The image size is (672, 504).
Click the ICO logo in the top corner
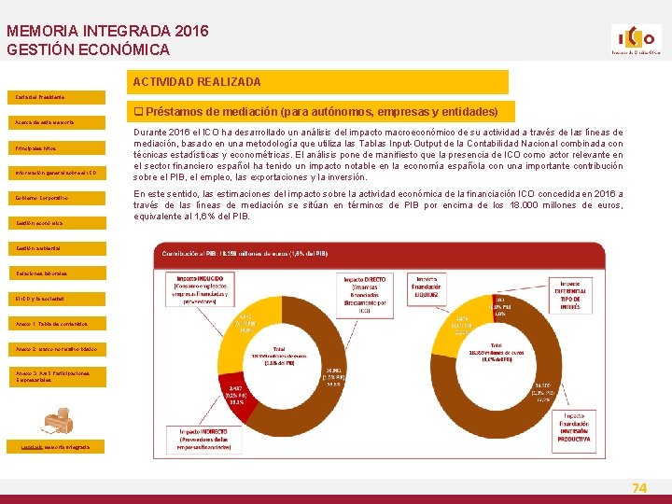click(x=635, y=40)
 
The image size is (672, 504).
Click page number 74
click(x=639, y=487)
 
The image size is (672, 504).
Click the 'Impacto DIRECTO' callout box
click(x=367, y=293)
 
